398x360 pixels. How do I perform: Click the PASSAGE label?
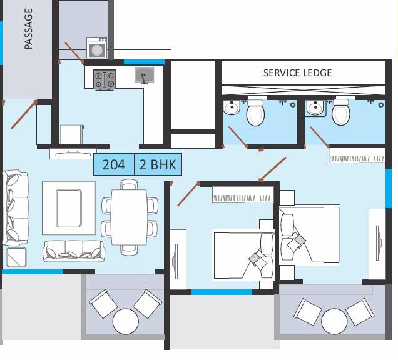(28, 29)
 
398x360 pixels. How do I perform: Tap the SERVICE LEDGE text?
(297, 73)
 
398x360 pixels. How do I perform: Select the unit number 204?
(114, 164)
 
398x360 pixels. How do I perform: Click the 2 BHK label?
(158, 164)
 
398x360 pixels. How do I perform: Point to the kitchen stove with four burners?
(105, 80)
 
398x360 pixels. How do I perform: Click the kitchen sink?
(144, 75)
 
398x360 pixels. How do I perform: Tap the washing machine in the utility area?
(97, 48)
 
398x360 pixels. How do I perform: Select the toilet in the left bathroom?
(255, 112)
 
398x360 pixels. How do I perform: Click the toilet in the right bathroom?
(341, 112)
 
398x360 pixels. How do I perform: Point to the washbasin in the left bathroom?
(232, 107)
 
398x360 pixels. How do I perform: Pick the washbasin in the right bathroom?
(315, 108)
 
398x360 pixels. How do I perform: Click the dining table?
(129, 217)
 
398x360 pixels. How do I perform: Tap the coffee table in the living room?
(69, 208)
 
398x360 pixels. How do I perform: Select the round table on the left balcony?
(125, 321)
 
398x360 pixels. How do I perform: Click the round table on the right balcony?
(334, 321)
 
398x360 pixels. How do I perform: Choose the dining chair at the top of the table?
(129, 184)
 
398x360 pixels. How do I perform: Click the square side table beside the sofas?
(16, 257)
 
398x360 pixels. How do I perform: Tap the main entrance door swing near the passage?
(24, 115)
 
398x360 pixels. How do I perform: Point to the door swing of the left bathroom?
(238, 137)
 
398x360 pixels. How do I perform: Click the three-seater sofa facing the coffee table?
(74, 251)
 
